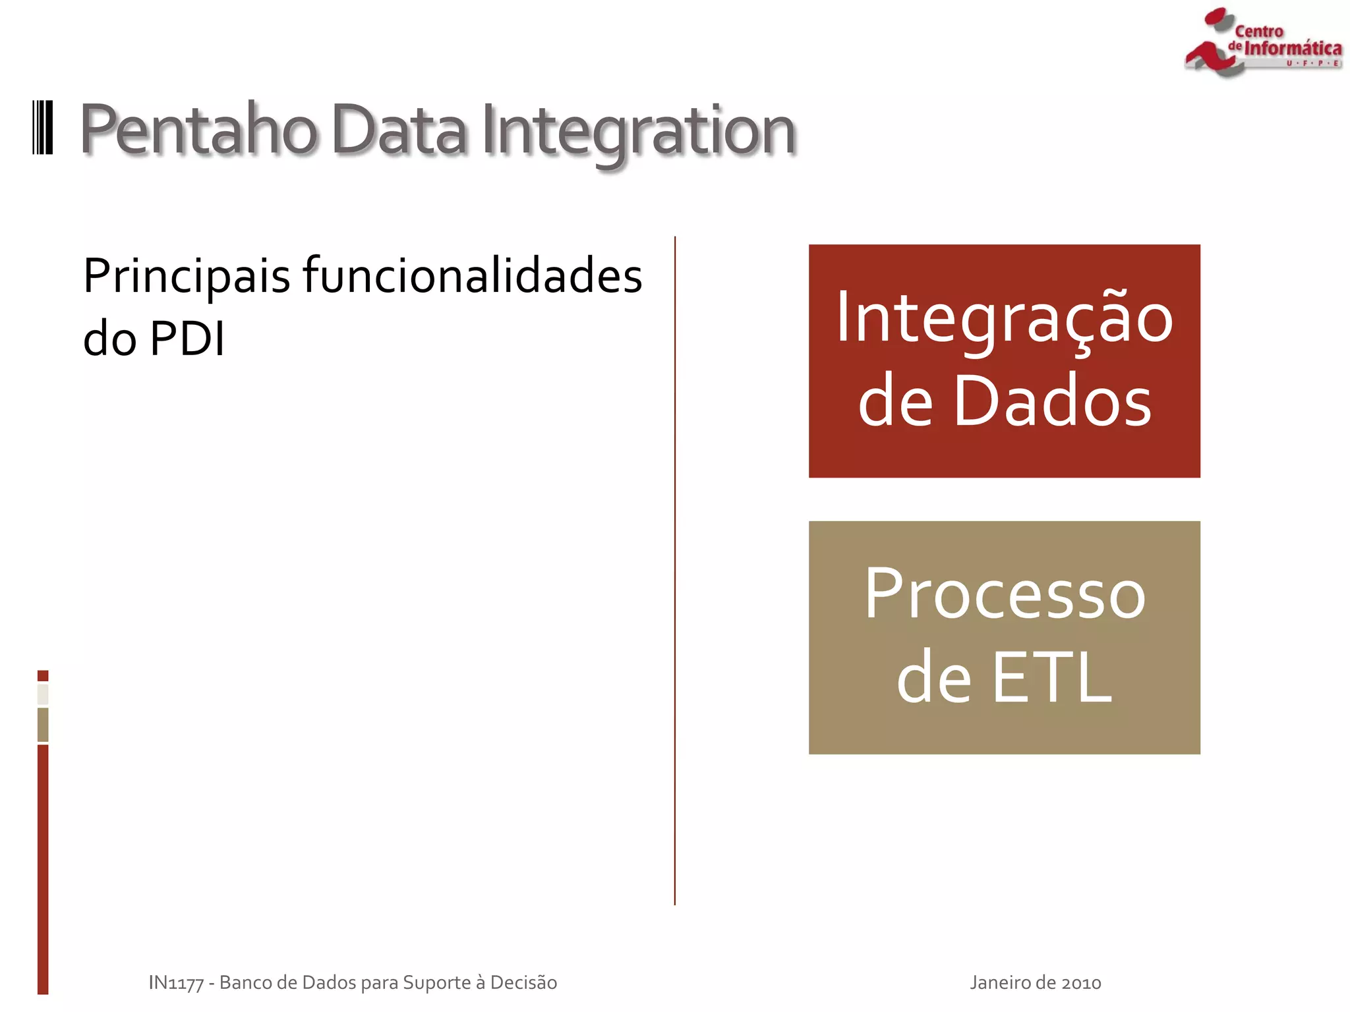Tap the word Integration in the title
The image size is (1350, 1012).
click(638, 132)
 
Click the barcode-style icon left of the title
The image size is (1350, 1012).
click(43, 128)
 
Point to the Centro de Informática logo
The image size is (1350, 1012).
click(1262, 43)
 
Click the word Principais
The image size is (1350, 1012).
click(187, 277)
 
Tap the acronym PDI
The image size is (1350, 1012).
click(187, 339)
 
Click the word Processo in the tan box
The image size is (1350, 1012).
click(1004, 594)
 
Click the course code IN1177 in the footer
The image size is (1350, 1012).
click(175, 982)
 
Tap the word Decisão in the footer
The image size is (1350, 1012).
click(523, 982)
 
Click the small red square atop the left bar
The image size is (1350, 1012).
click(43, 675)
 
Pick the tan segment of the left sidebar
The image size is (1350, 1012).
click(43, 725)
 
